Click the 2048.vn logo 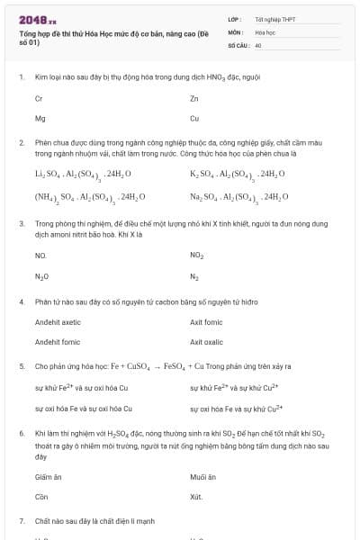click(38, 19)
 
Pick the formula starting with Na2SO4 click(238, 196)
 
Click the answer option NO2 click(197, 256)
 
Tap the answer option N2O click(41, 277)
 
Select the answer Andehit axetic click(58, 321)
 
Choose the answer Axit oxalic click(206, 342)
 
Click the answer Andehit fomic click(58, 342)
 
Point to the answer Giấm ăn click(47, 476)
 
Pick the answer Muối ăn click(203, 476)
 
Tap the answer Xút click(196, 497)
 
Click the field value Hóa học click(265, 31)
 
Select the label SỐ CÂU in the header click(238, 44)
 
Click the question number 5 click(21, 366)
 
